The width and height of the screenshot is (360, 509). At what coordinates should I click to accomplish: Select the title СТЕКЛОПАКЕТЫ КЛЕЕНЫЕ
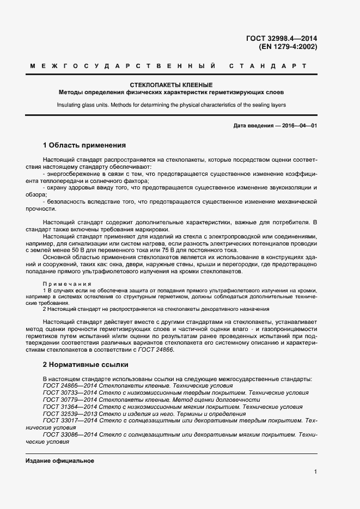coord(171,85)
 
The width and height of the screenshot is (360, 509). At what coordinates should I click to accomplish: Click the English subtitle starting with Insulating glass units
coord(171,105)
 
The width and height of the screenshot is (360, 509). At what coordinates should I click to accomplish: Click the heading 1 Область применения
coord(84,145)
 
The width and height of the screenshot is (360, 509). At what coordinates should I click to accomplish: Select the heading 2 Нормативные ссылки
coord(86,364)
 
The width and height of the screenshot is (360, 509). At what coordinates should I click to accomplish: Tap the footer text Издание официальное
coord(60,461)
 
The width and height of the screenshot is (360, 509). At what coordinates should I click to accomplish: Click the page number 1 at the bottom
coord(315,472)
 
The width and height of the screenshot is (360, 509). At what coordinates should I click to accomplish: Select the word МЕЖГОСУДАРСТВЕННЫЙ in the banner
coord(123,66)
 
